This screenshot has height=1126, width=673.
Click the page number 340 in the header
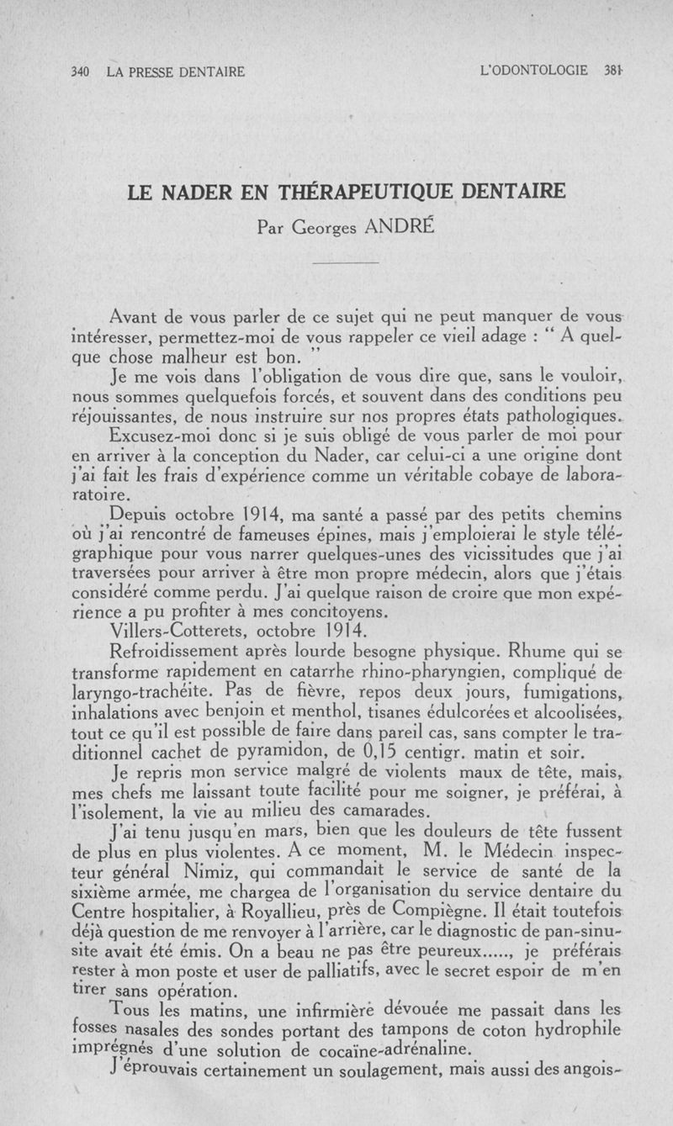pos(81,72)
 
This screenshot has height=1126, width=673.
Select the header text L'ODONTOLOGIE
pos(533,71)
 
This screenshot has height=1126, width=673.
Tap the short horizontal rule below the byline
pos(346,263)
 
